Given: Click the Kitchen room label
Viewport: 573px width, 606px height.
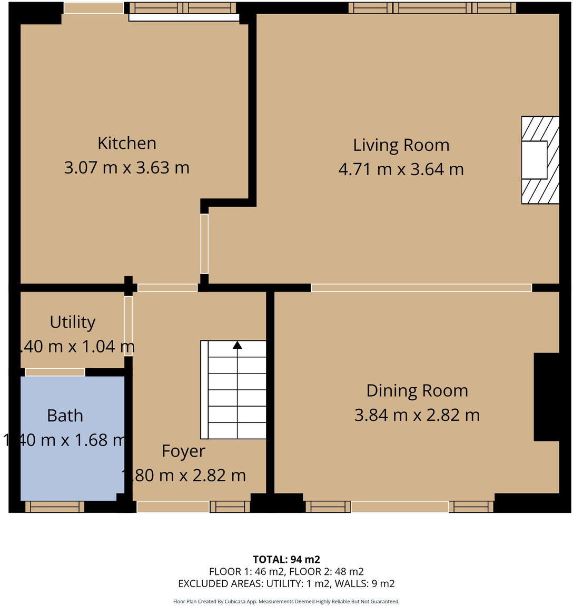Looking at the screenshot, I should (x=126, y=143).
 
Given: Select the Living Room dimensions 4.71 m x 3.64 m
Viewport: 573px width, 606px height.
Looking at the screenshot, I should (x=401, y=169).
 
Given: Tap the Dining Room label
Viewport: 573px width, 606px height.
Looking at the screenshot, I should (x=417, y=390).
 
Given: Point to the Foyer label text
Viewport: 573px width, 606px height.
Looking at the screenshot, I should (x=183, y=451).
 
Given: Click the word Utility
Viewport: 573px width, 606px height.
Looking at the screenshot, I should (x=73, y=322).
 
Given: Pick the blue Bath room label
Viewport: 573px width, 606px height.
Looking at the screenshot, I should (x=65, y=416).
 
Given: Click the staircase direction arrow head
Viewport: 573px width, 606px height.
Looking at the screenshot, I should (x=238, y=345).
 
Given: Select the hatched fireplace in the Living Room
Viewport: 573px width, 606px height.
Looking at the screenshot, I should (x=540, y=160).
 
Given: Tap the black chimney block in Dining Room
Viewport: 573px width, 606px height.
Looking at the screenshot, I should (x=547, y=397).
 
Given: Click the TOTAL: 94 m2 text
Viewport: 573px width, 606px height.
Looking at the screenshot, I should (x=286, y=559).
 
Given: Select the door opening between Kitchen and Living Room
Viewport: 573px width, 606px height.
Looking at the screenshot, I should (x=204, y=244).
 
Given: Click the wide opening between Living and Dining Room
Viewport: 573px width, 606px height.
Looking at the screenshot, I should (x=421, y=288).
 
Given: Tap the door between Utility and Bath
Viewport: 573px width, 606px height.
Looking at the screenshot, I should (x=55, y=372).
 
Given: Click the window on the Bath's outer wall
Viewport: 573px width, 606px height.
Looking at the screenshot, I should (x=55, y=507).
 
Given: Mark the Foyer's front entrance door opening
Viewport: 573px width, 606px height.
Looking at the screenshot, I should (x=173, y=507).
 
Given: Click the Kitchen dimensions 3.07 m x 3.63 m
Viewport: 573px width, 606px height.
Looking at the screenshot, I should (x=126, y=168).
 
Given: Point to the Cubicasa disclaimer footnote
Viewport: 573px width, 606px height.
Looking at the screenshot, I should (x=286, y=601).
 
